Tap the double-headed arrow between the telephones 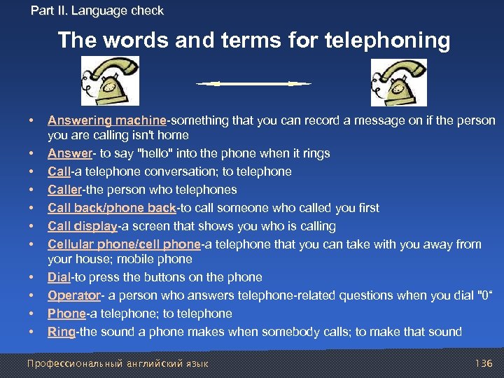[x=253, y=84]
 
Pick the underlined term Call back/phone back [x=112, y=208]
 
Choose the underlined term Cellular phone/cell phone [x=124, y=244]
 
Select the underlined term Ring [x=62, y=332]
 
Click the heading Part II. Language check [x=97, y=10]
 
